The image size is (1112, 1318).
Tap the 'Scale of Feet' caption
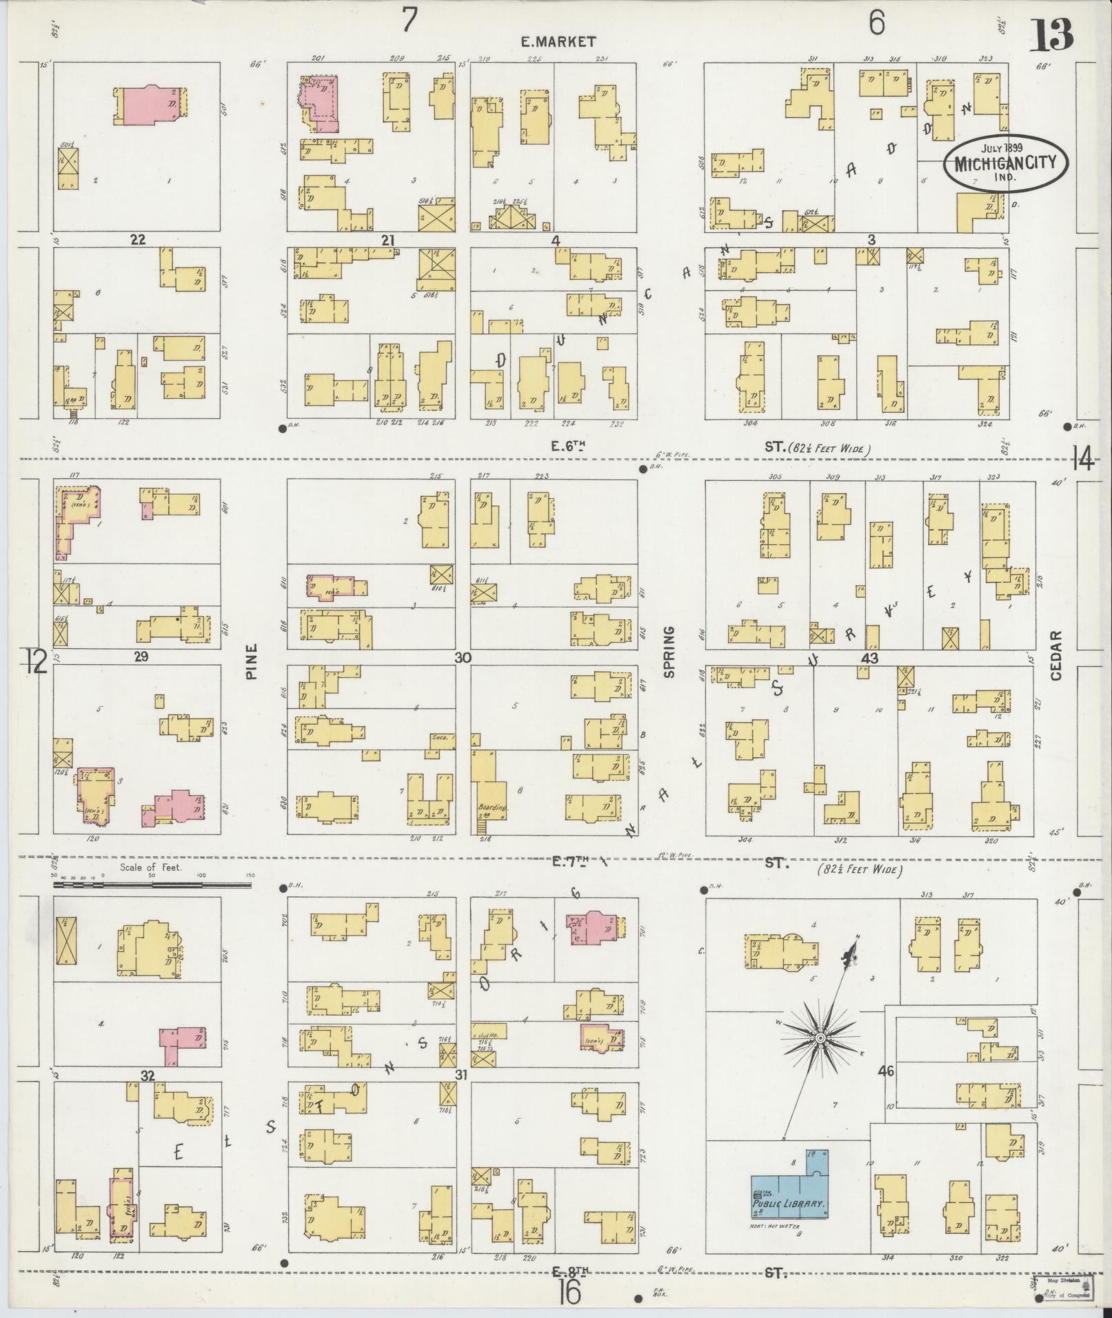coord(150,867)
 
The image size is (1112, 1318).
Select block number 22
coord(138,239)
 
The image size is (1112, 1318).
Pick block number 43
coord(869,659)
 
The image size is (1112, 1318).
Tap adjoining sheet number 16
coord(570,1293)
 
